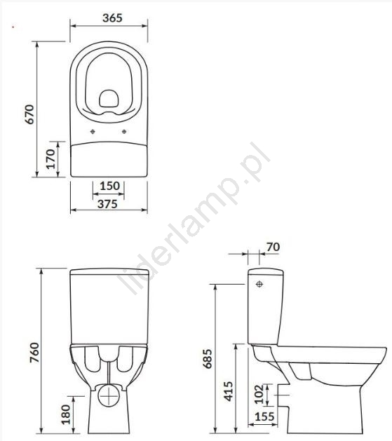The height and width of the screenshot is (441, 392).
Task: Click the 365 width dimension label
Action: click(x=112, y=18)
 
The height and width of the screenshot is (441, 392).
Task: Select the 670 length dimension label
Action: click(x=29, y=114)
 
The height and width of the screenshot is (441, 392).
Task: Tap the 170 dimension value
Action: click(x=51, y=159)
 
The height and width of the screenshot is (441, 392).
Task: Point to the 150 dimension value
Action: click(x=110, y=186)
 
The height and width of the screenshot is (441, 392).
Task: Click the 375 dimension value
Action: click(x=107, y=204)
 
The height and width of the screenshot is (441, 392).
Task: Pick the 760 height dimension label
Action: click(x=34, y=353)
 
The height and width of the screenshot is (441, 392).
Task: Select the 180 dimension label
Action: click(x=65, y=414)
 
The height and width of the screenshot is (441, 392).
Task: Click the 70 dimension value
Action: click(x=273, y=247)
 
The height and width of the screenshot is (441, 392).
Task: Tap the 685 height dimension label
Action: click(x=208, y=358)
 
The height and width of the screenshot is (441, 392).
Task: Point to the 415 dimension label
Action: click(x=229, y=391)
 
